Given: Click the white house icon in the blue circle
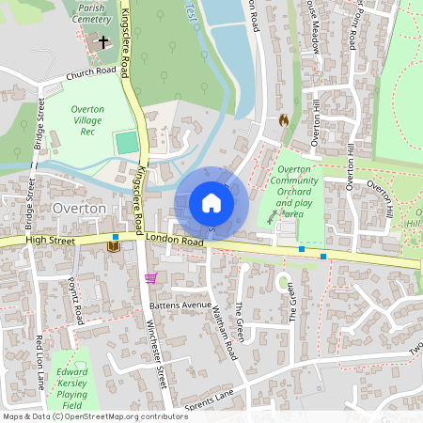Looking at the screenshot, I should pos(211,202).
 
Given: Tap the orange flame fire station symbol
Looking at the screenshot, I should pos(284,120).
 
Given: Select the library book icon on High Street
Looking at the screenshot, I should pos(113,246).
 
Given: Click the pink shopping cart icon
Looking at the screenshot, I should pos(150,278).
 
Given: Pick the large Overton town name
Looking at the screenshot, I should pos(80,208).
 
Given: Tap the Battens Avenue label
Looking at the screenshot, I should pos(181,305).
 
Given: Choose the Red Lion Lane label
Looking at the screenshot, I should pos(40,359).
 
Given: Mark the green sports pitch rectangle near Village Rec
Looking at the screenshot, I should pos(126,143).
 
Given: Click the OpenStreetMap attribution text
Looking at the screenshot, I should pos(95,416).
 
